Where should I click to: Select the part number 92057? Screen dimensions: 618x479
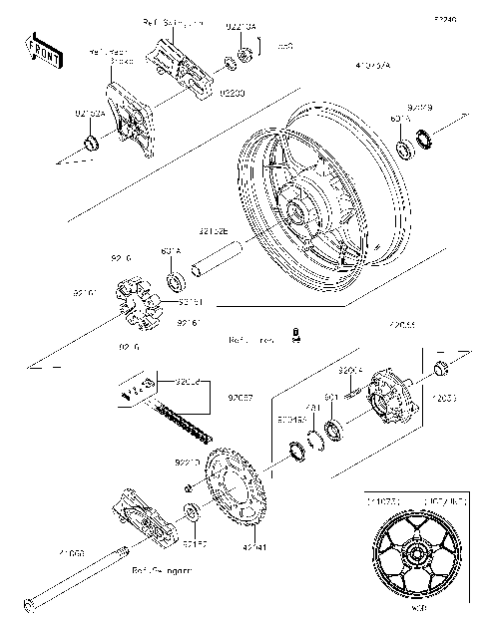(x=240, y=397)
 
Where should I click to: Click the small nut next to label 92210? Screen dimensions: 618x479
(x=189, y=486)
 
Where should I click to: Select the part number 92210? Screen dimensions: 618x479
(x=188, y=462)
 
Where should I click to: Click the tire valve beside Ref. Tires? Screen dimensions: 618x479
(x=295, y=337)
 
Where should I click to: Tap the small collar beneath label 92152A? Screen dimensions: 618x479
(x=92, y=147)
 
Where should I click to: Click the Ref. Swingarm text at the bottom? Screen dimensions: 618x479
(x=162, y=572)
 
